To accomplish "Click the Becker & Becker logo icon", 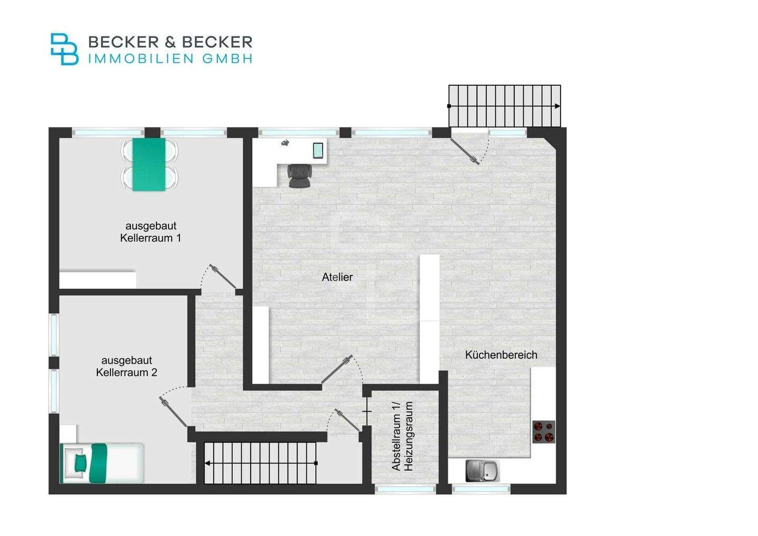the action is tap(64, 49).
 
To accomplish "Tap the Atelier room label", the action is tap(337, 277).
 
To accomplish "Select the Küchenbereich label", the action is tap(501, 355).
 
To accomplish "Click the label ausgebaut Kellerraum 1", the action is tap(151, 232).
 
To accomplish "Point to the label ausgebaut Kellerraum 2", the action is tap(127, 366).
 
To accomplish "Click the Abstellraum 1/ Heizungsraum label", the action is tap(403, 436).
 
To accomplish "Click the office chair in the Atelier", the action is tap(300, 175).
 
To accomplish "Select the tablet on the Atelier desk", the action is tap(318, 151).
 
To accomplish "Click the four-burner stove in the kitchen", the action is tap(544, 431).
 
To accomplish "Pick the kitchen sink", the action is tap(482, 471).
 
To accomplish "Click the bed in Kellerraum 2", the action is tap(103, 463).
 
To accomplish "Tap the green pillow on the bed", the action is tap(81, 463).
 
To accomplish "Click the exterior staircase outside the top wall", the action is tap(504, 106).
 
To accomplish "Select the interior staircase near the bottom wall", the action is tap(261, 463).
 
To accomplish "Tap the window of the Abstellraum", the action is tap(405, 489).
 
